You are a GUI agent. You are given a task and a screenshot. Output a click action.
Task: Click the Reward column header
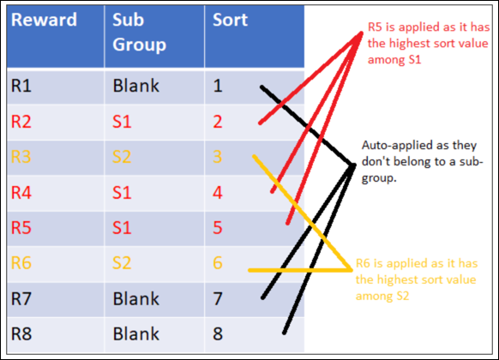point(44,20)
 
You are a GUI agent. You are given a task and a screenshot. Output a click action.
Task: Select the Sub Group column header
point(139,32)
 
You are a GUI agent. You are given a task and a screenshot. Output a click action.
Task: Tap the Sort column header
point(230,20)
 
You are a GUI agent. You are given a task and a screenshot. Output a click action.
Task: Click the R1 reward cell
point(21,86)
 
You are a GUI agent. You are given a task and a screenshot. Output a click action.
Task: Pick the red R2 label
point(21,122)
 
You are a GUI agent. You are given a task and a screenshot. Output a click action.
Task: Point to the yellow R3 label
point(21,157)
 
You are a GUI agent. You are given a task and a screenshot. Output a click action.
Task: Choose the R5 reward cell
point(21,228)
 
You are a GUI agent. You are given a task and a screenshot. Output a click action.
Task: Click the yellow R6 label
point(21,263)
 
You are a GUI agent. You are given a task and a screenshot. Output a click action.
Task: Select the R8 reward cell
point(21,334)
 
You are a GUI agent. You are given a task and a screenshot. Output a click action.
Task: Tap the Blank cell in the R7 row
point(135,298)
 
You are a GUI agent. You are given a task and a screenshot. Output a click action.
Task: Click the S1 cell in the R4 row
point(122,192)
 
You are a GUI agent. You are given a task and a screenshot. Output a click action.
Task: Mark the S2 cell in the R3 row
point(122,157)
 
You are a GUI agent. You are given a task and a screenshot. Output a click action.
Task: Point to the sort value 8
point(218,334)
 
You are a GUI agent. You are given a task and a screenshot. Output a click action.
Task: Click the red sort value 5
point(218,228)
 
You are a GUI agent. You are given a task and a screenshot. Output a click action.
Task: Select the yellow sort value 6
point(218,263)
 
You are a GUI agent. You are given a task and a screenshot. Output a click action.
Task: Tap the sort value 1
point(218,86)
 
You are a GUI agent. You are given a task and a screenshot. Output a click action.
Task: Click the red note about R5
point(429,43)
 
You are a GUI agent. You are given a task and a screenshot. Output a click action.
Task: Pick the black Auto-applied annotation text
point(423,161)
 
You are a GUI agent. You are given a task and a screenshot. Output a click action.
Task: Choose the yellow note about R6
point(417,280)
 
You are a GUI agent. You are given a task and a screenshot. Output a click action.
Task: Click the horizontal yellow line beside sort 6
point(300,270)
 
